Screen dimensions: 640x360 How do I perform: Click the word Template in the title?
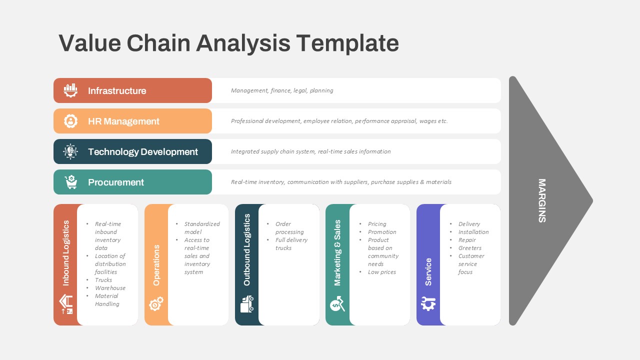tap(347, 43)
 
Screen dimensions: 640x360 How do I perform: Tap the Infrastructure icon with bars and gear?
tap(70, 90)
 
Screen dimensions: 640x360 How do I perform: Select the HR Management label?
tap(123, 121)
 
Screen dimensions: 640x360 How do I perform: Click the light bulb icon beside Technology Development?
tap(70, 151)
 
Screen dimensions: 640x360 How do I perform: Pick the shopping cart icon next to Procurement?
tap(71, 182)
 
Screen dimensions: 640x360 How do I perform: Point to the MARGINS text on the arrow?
tap(542, 200)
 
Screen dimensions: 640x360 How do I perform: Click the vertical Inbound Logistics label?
tap(65, 253)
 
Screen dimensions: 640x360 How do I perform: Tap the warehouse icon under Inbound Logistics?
tap(66, 304)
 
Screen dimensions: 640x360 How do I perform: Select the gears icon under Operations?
tap(156, 303)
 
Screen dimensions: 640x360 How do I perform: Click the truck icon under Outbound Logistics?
tap(247, 304)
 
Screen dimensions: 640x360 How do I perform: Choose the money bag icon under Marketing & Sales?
tap(337, 303)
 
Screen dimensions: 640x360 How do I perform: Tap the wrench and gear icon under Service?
tap(428, 303)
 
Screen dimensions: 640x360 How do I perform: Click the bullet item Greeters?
tap(469, 248)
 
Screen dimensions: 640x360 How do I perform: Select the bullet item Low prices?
tap(381, 272)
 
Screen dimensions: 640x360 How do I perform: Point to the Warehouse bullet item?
tap(110, 288)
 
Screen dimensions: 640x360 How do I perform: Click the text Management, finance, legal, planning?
tap(282, 90)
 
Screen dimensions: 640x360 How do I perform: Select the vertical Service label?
tap(428, 271)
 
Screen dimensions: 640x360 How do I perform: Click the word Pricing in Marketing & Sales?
tap(377, 224)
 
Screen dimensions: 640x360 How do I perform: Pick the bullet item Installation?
tap(473, 232)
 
